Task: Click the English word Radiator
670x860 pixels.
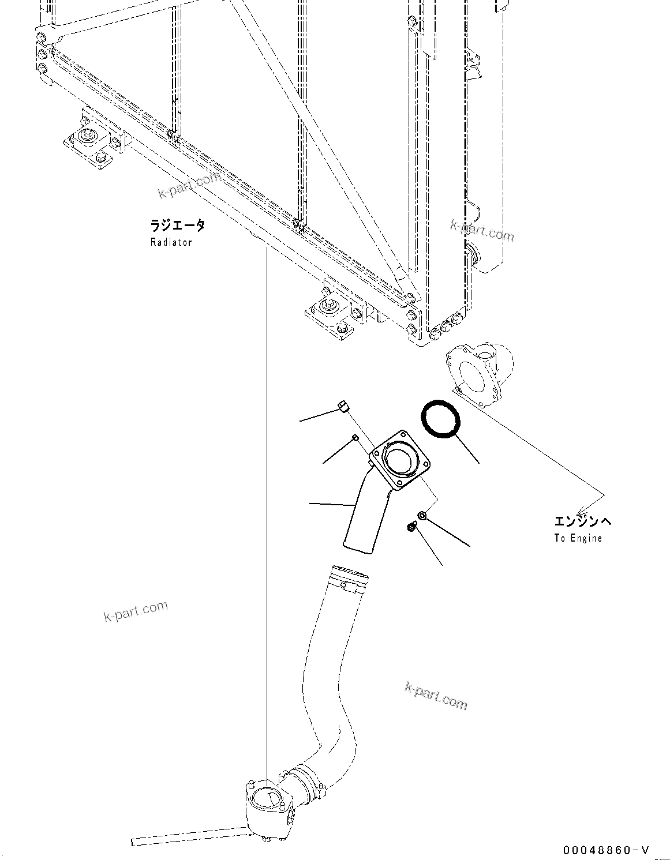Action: point(171,242)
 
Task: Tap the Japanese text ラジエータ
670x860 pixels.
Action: point(177,226)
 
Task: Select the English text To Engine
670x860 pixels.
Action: point(578,538)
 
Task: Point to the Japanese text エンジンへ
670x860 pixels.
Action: point(582,521)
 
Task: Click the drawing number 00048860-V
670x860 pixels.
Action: point(607,850)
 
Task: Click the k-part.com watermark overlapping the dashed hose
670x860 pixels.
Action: point(436,694)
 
